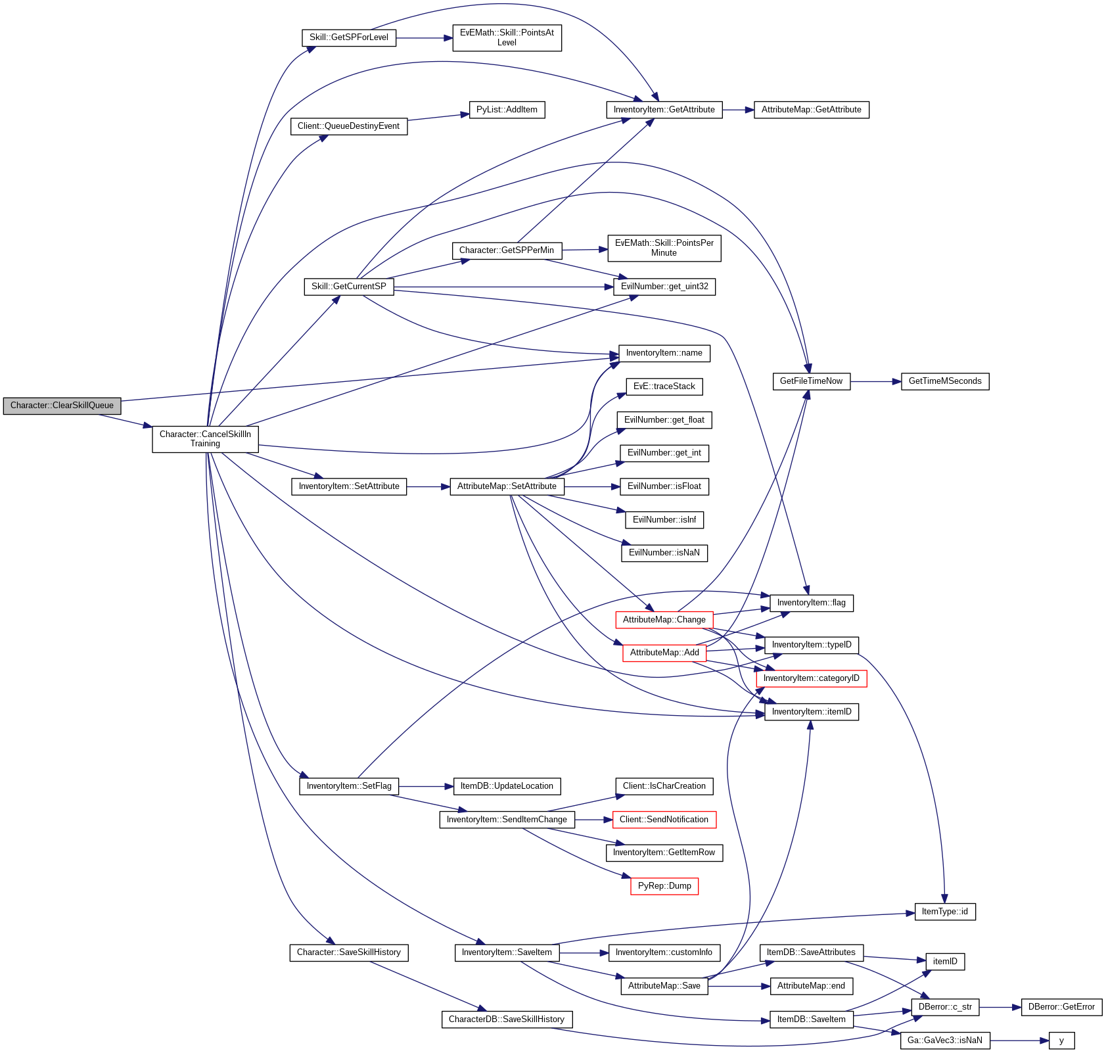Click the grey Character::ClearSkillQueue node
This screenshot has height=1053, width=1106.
point(62,406)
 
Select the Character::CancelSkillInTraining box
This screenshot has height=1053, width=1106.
point(205,439)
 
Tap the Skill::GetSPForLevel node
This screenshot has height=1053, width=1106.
point(349,37)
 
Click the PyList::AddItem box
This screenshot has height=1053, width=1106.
point(507,110)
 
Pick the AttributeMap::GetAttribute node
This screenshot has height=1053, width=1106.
point(811,110)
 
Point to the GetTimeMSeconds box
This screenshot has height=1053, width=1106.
point(944,381)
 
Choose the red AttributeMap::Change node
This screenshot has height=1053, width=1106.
point(664,620)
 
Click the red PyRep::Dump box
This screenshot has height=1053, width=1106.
point(664,886)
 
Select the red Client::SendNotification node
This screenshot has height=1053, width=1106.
point(664,820)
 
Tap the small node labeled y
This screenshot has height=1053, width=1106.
point(1061,1041)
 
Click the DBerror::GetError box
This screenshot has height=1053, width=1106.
point(1061,1007)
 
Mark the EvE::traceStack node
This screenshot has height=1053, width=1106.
point(664,386)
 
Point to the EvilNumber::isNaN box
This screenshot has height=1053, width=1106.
point(664,553)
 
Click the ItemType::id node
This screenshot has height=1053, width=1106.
point(944,912)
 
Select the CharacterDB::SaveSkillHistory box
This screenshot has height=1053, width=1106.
point(506,1019)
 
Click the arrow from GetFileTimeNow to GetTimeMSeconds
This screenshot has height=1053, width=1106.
point(875,381)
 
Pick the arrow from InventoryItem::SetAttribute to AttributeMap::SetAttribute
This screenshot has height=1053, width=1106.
point(428,487)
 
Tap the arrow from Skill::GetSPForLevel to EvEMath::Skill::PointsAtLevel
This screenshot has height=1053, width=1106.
point(425,38)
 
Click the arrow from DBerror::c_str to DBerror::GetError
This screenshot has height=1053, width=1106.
point(1000,1007)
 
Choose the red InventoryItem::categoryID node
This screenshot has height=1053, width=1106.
point(811,678)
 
